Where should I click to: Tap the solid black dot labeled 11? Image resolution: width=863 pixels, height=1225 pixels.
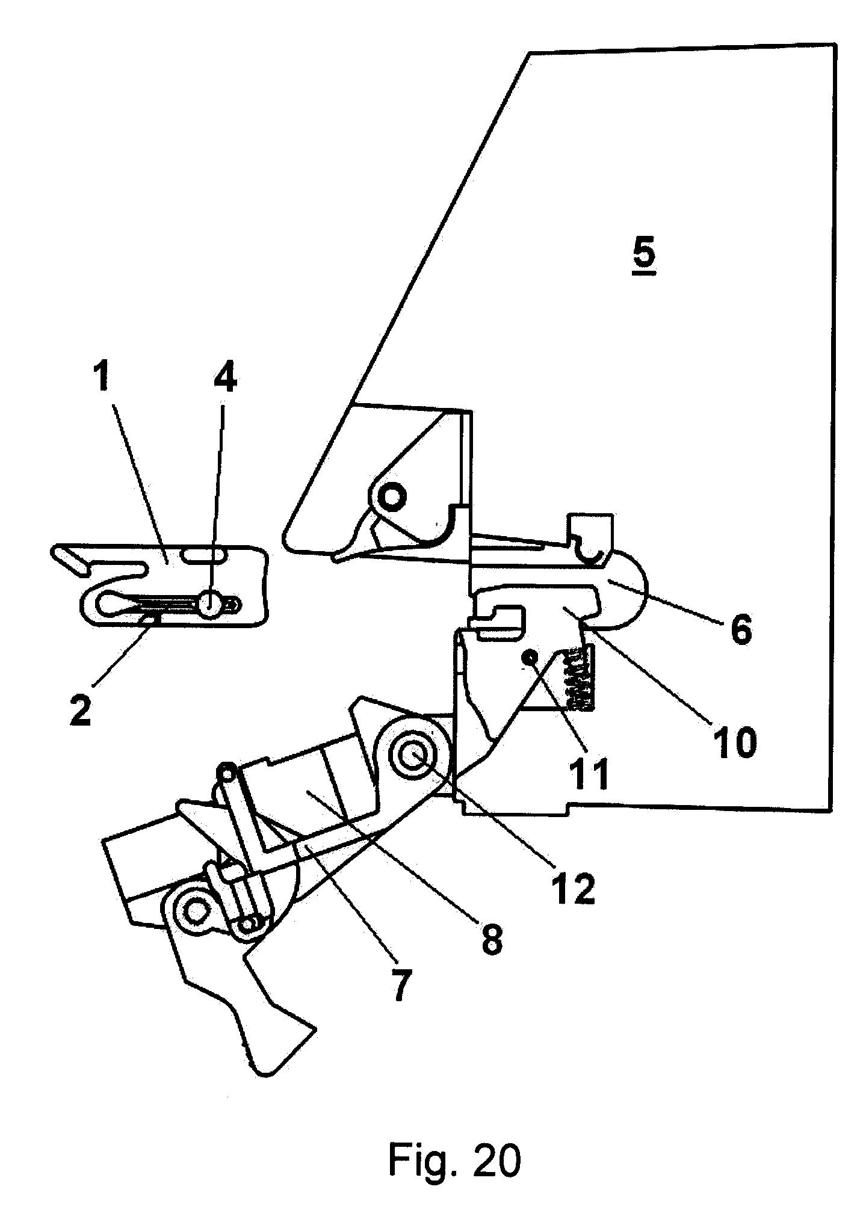[x=530, y=658]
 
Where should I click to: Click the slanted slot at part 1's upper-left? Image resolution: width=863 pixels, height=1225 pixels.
[x=71, y=557]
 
